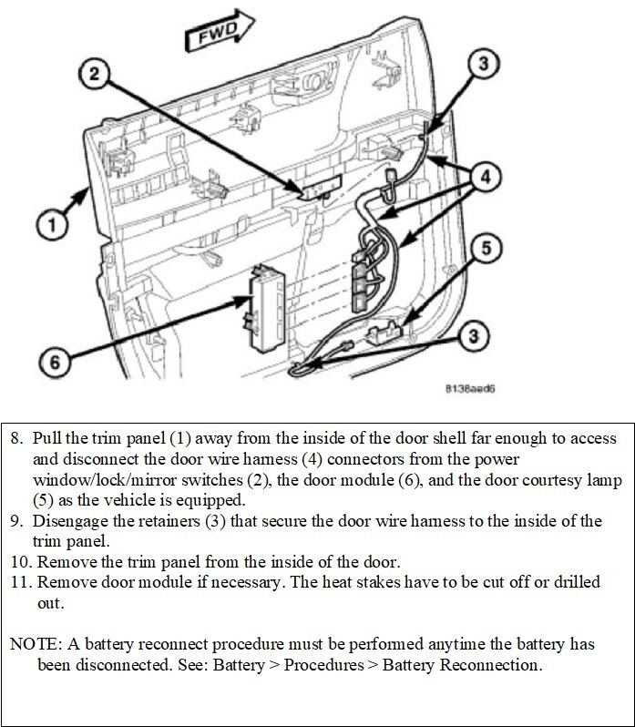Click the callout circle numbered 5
(487, 248)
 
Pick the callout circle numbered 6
(55, 362)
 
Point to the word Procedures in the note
(325, 664)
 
